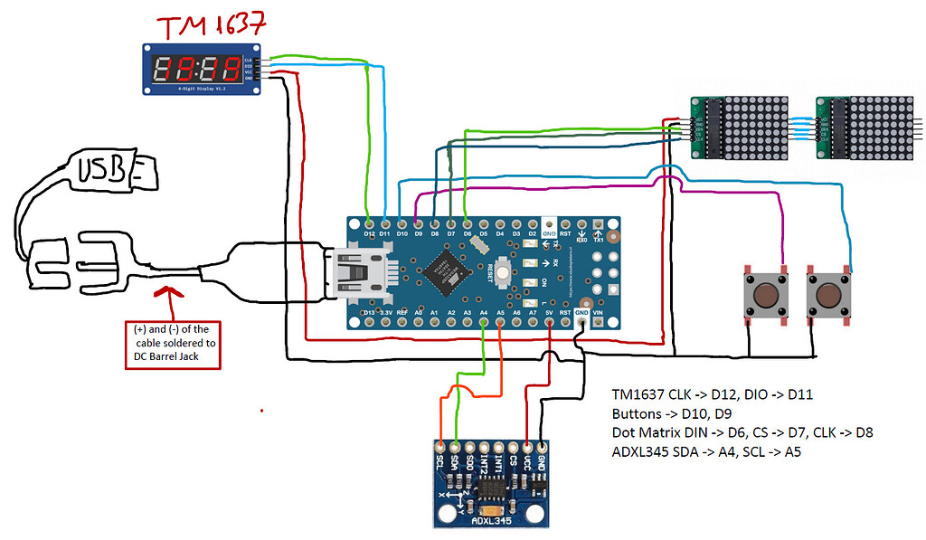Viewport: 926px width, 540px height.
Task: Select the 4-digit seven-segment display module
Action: [201, 69]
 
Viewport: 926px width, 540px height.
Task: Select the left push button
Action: [762, 295]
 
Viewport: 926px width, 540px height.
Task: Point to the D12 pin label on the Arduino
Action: [369, 233]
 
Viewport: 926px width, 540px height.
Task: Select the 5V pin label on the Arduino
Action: [549, 312]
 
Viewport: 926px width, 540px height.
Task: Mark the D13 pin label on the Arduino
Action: [368, 312]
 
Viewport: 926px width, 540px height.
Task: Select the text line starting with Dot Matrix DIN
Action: [742, 432]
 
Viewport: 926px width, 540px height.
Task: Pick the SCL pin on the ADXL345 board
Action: [440, 447]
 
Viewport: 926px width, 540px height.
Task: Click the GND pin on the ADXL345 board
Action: [542, 447]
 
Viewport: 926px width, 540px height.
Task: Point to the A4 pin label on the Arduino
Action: [484, 312]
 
